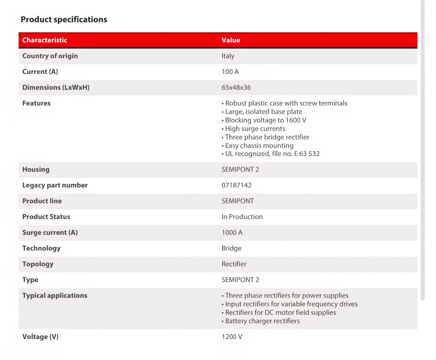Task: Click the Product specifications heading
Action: pyautogui.click(x=64, y=20)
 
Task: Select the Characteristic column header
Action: pyautogui.click(x=45, y=40)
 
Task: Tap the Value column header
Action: pyautogui.click(x=231, y=40)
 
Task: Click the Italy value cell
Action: pyautogui.click(x=228, y=56)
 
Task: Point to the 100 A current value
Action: pyautogui.click(x=230, y=72)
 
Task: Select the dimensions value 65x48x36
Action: pyautogui.click(x=236, y=88)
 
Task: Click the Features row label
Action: pyautogui.click(x=36, y=103)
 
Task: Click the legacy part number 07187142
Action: pyautogui.click(x=236, y=185)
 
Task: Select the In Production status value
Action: pyautogui.click(x=242, y=217)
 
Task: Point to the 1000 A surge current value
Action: pyautogui.click(x=232, y=233)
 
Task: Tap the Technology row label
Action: pyautogui.click(x=41, y=248)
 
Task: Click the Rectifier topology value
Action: pyautogui.click(x=234, y=264)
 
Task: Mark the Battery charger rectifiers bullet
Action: pyautogui.click(x=262, y=321)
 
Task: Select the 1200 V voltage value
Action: pyautogui.click(x=232, y=337)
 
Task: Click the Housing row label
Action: pyautogui.click(x=36, y=169)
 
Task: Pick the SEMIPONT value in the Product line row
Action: pyautogui.click(x=238, y=201)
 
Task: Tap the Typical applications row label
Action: pyautogui.click(x=54, y=296)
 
